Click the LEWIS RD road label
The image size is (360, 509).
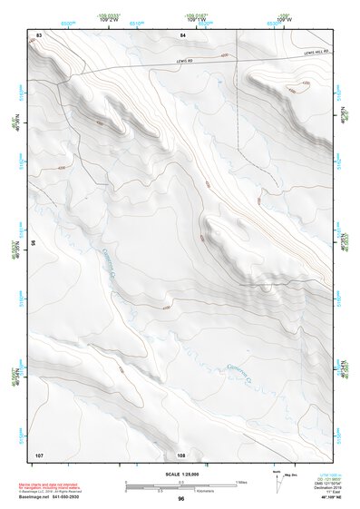click(186, 62)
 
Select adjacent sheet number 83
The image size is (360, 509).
click(39, 34)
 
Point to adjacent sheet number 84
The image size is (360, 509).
click(182, 34)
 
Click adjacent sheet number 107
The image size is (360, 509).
click(39, 454)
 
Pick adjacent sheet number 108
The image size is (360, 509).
click(181, 454)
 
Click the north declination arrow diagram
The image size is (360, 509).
click(277, 482)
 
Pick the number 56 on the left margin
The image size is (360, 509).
click(34, 243)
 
